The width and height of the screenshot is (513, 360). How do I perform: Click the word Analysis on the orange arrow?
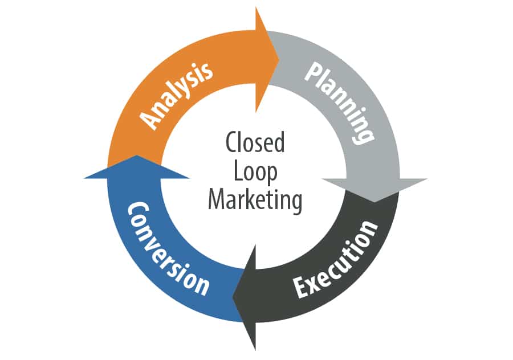(177, 95)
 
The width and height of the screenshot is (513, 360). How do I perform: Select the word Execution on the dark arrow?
(337, 259)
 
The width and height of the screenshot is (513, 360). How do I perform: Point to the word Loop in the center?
(255, 171)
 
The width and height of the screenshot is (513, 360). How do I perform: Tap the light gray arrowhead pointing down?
(374, 188)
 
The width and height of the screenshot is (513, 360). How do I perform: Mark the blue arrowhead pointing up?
(136, 167)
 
